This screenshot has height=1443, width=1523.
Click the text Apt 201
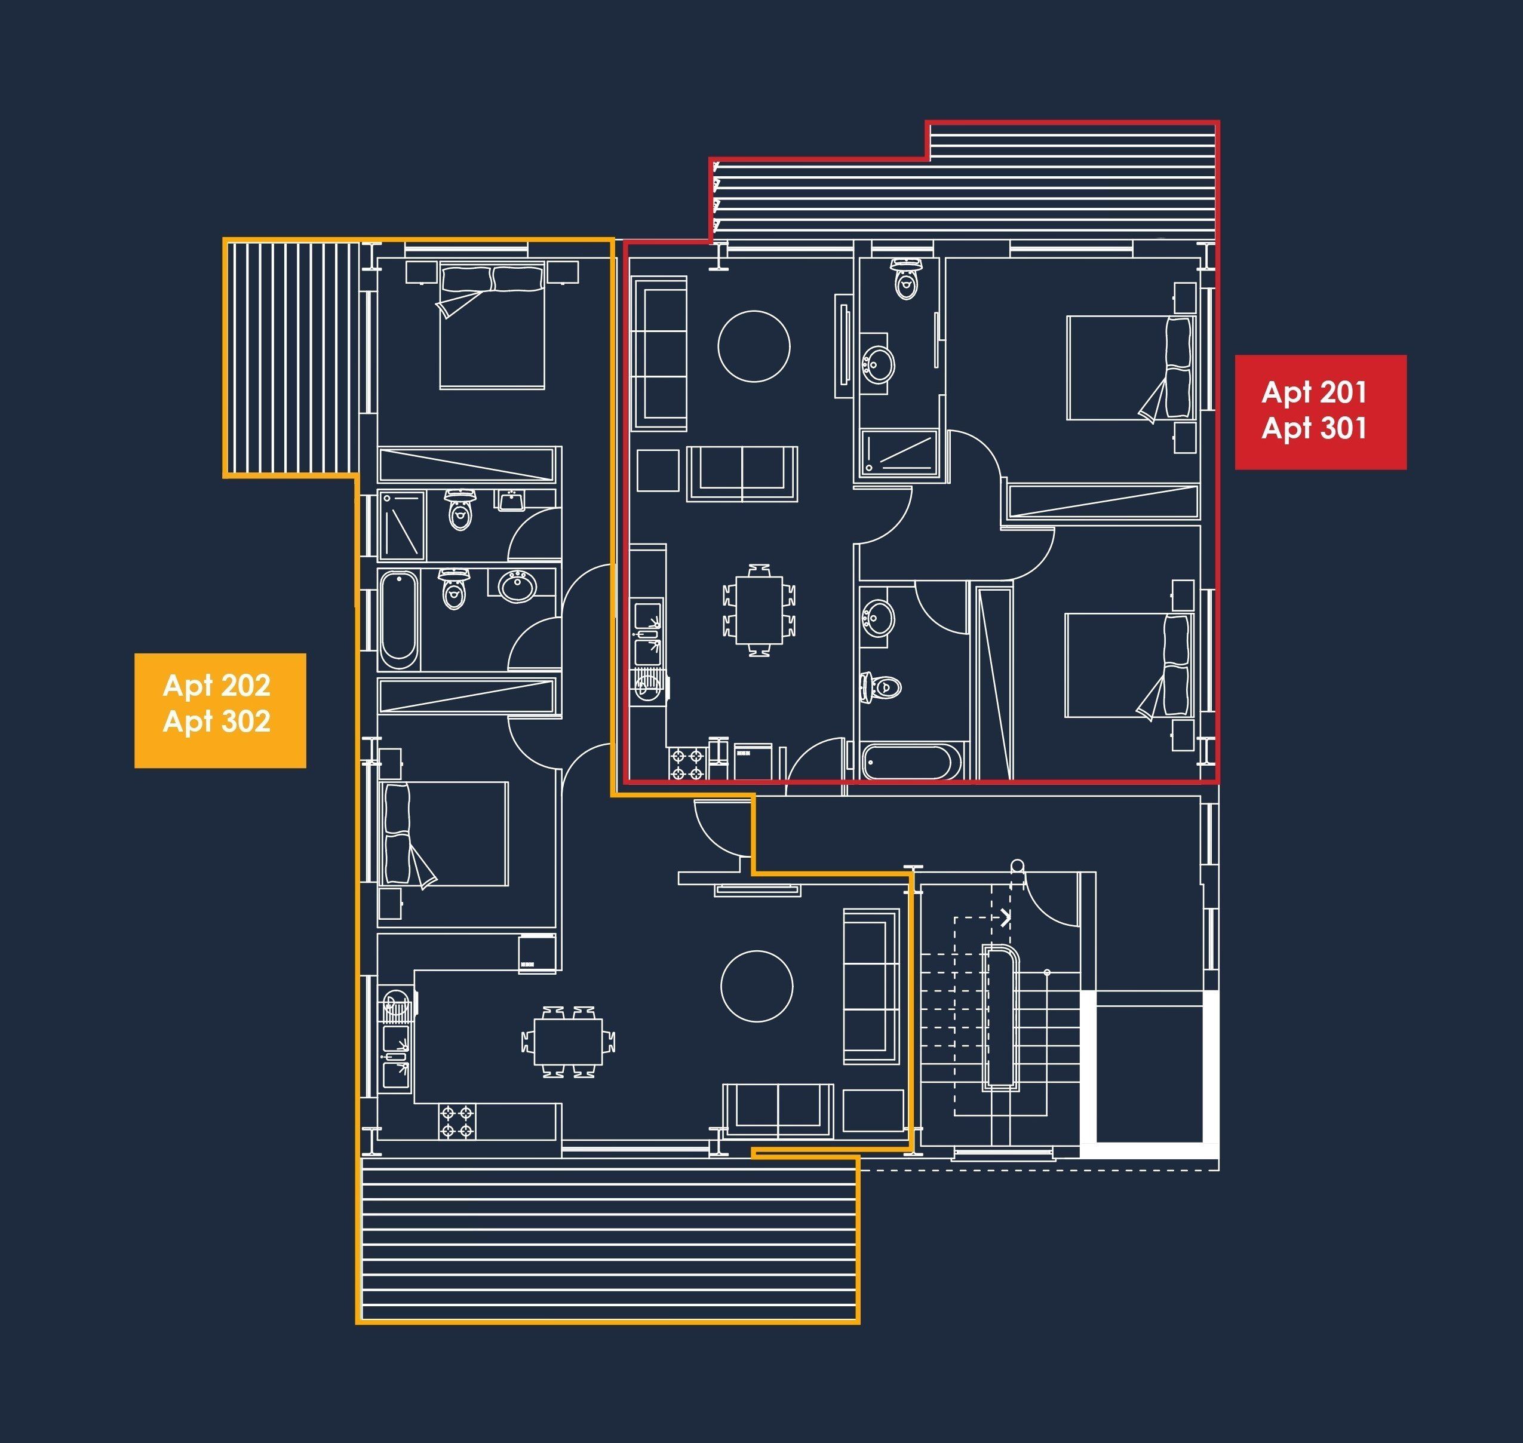pos(1314,393)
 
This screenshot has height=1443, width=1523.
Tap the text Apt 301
pos(1314,428)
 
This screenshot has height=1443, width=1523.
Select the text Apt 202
pos(217,685)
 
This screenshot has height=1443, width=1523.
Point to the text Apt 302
pos(217,721)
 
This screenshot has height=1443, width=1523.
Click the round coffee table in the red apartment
pos(754,346)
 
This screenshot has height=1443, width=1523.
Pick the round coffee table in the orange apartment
pos(757,986)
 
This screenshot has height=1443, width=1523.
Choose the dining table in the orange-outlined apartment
pos(569,1042)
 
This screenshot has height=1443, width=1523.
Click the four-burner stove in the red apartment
pos(687,764)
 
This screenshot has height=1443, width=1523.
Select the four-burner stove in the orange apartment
pos(457,1122)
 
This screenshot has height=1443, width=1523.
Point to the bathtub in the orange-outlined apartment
pos(399,620)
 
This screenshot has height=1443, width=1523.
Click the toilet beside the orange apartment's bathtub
pos(454,589)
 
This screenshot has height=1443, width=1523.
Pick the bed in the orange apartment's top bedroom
pos(492,326)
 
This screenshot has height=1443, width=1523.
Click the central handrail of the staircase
pos(1001,1018)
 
